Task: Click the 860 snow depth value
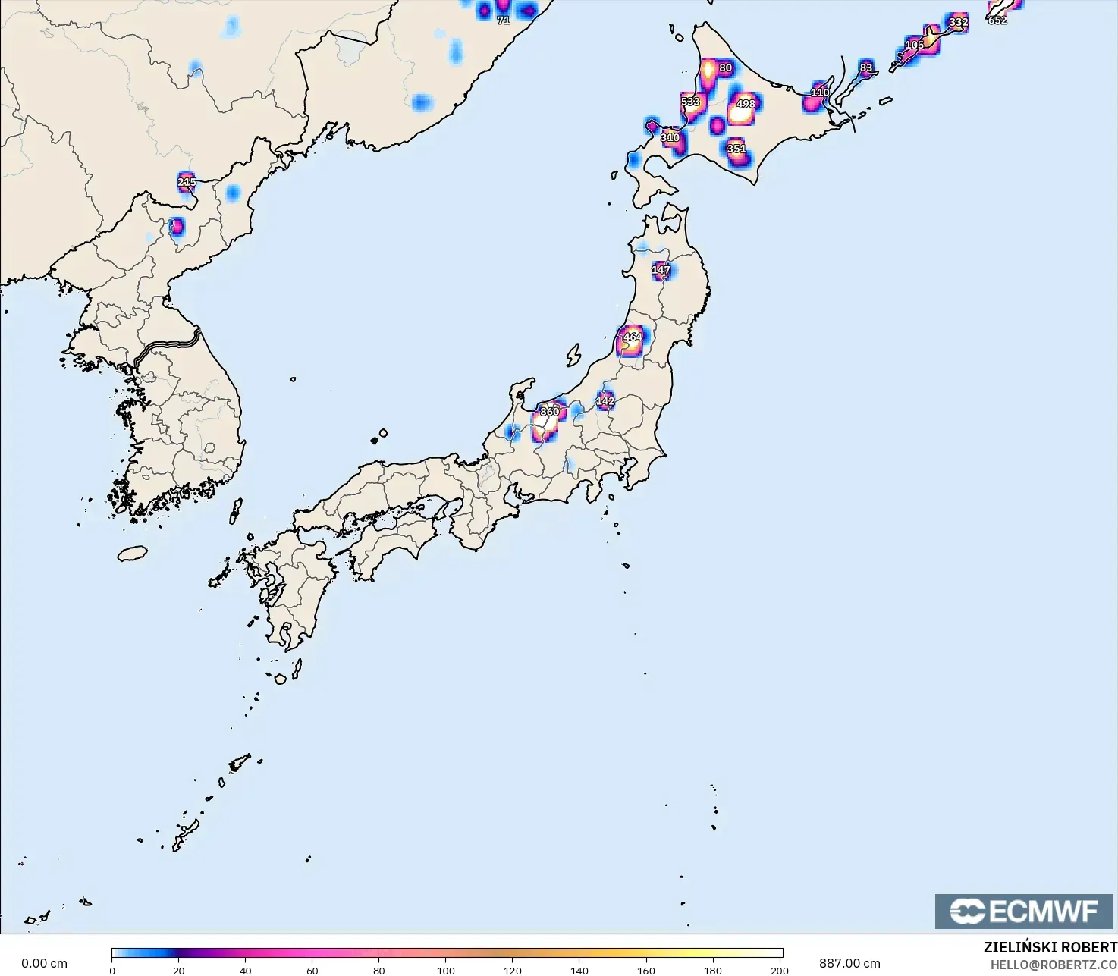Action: tap(549, 412)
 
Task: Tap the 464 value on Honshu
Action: tap(633, 337)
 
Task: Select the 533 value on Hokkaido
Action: tap(690, 102)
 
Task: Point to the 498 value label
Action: tap(746, 104)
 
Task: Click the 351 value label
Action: tap(736, 149)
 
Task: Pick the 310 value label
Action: tap(670, 138)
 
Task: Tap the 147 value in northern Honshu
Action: tap(661, 270)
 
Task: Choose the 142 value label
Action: tap(605, 401)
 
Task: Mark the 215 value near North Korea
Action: tap(187, 182)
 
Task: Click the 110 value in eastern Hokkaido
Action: tap(820, 93)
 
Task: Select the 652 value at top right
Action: tap(997, 20)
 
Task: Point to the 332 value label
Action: tap(959, 22)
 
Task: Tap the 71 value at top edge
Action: tap(503, 20)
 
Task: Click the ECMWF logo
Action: tap(1023, 911)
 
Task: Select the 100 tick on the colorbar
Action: tap(446, 970)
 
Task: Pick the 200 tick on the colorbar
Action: tap(780, 970)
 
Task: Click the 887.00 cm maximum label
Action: tap(849, 963)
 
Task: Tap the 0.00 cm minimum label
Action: tap(44, 963)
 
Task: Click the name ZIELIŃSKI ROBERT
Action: tap(1050, 948)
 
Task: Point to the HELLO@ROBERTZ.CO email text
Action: tap(1054, 964)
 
